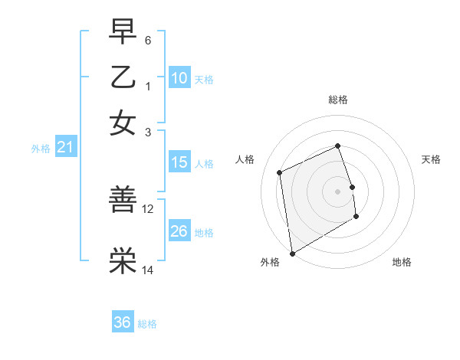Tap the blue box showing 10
tap(179, 78)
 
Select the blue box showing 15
tap(179, 162)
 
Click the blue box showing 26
tap(179, 231)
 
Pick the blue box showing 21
tap(64, 147)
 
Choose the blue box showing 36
tap(123, 322)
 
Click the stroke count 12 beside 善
tap(148, 208)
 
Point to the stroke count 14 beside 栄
tap(148, 270)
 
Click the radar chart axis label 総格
tap(337, 100)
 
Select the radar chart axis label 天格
tap(431, 159)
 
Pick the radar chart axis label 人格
tap(245, 159)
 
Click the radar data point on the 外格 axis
tap(292, 254)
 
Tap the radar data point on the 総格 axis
tap(337, 146)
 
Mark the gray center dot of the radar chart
tap(337, 191)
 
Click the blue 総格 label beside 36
tap(147, 324)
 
